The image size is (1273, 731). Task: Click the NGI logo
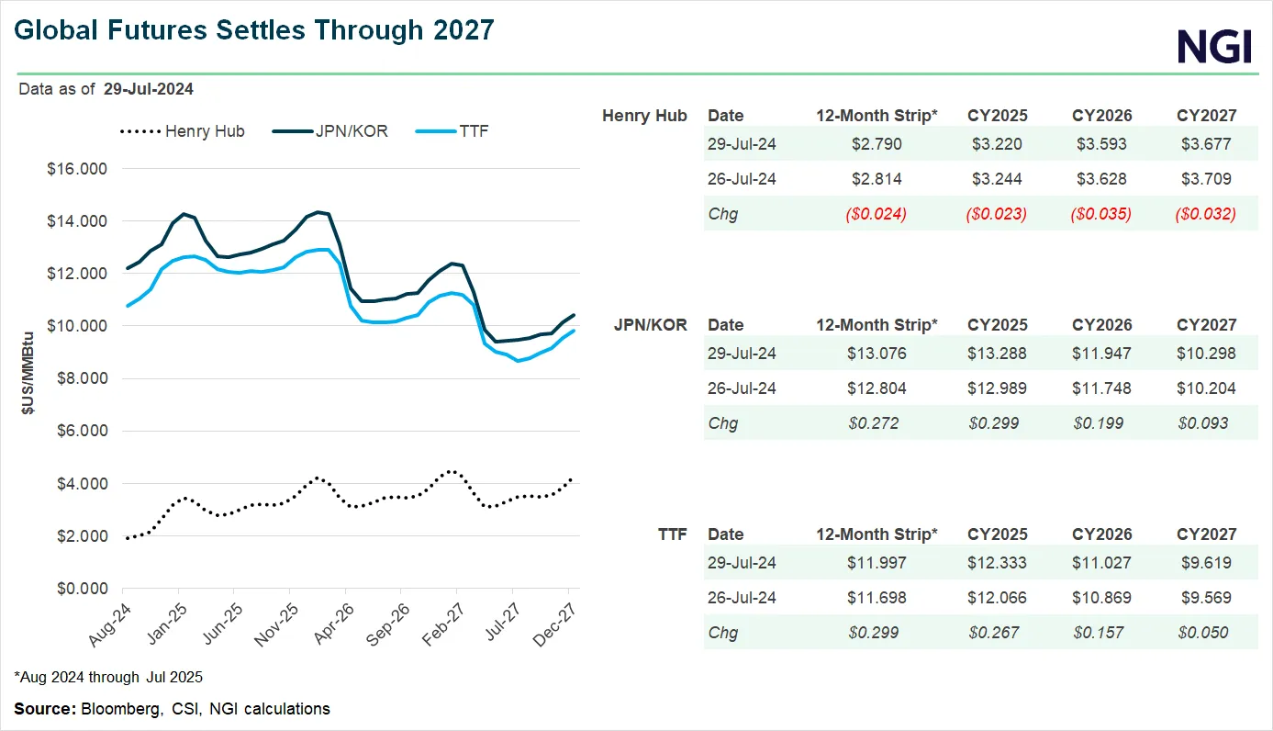(x=1214, y=45)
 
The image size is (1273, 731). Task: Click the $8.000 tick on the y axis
(x=81, y=378)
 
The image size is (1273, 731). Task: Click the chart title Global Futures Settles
(x=254, y=30)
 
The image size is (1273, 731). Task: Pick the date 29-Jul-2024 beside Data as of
(x=148, y=89)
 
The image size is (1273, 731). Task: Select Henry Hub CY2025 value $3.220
(x=997, y=144)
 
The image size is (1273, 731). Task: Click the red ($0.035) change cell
(x=1101, y=214)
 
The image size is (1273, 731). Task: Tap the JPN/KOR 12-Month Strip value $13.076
(x=877, y=354)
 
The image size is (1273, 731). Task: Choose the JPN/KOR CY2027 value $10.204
(x=1206, y=388)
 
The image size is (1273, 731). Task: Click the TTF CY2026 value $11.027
(x=1101, y=563)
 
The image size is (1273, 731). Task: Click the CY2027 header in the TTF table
(x=1206, y=534)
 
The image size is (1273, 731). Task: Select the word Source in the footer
(x=45, y=709)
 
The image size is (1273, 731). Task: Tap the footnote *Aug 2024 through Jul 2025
(x=108, y=678)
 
